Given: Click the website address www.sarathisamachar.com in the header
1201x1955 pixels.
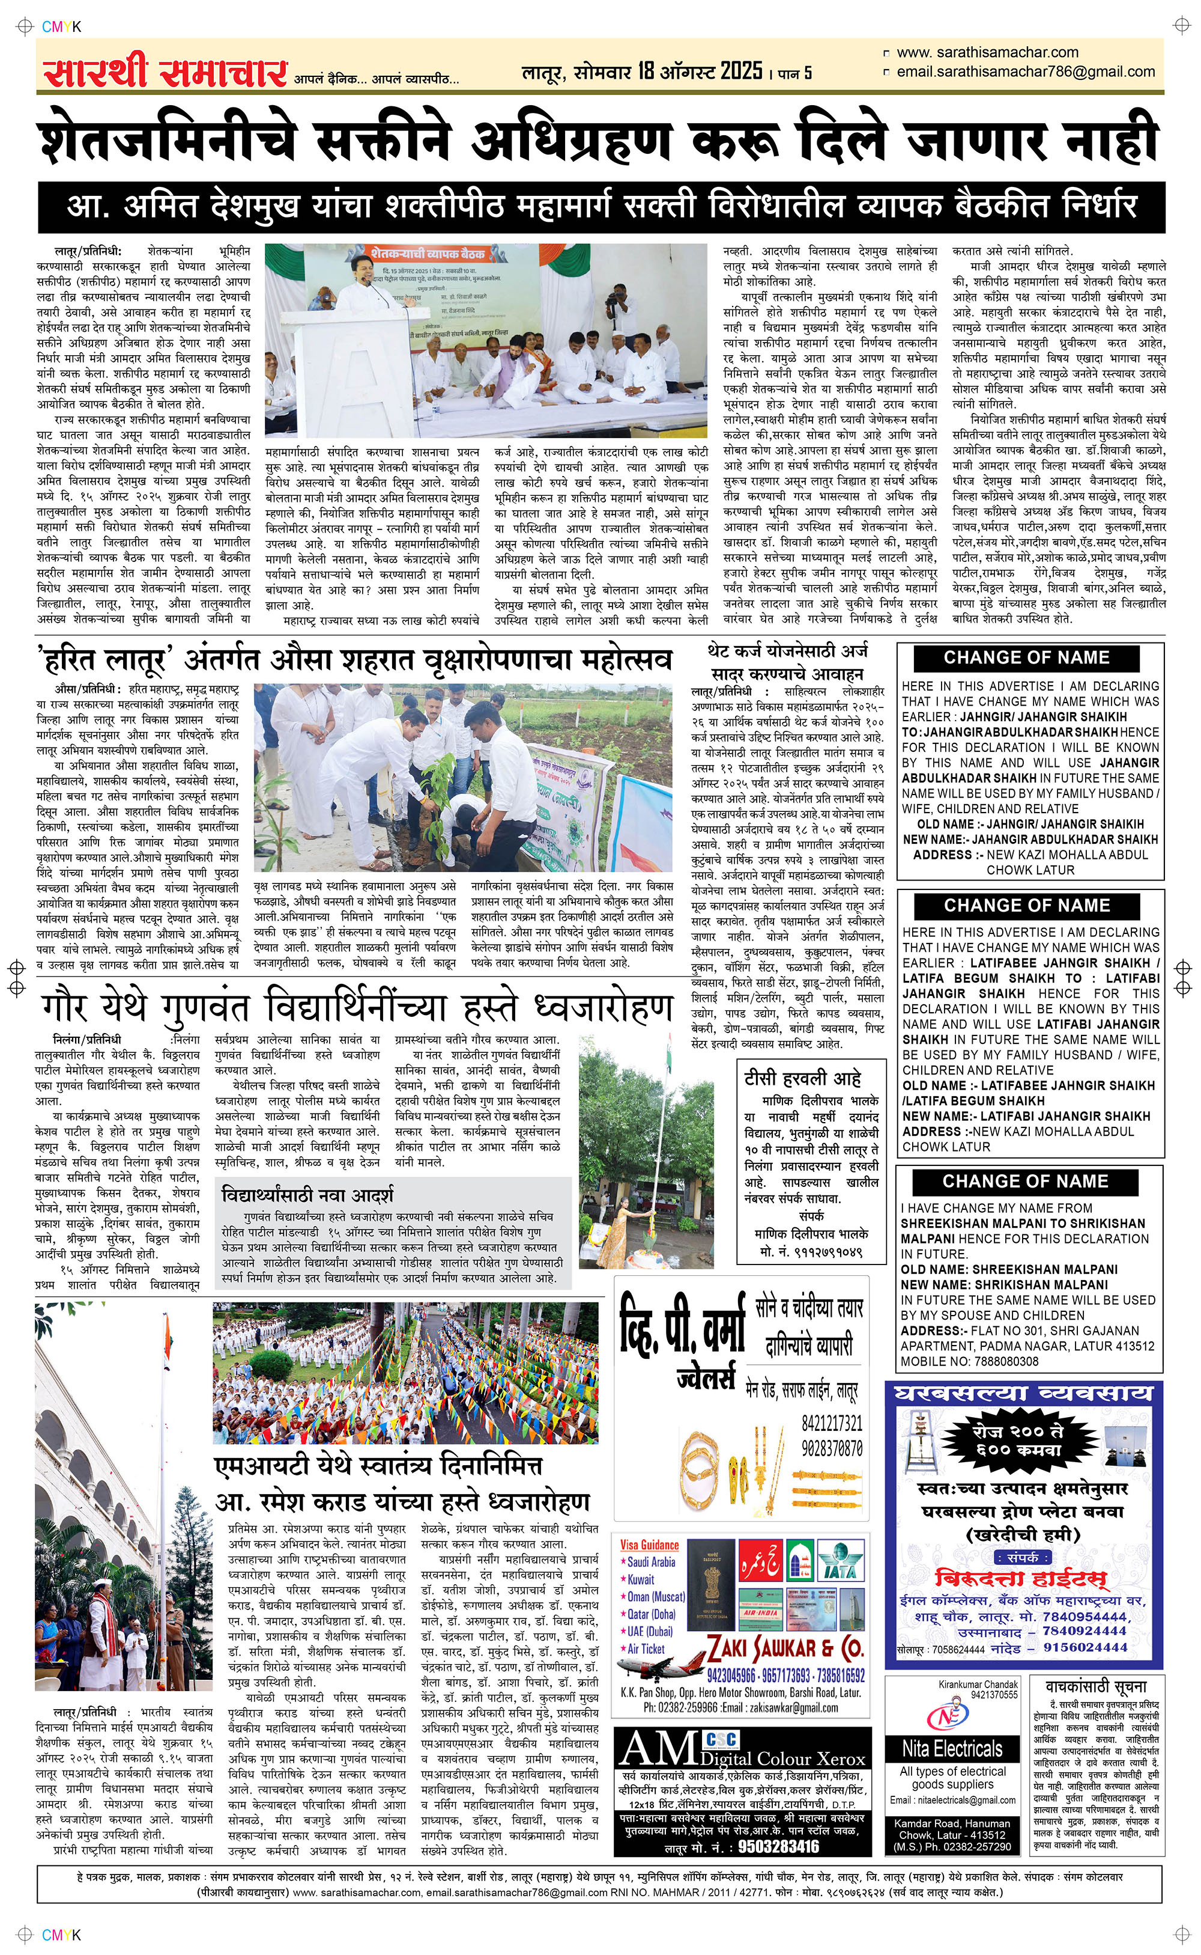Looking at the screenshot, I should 987,52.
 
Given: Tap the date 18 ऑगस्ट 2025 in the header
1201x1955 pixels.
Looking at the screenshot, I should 700,72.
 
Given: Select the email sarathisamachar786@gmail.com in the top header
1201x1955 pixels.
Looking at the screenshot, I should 1024,72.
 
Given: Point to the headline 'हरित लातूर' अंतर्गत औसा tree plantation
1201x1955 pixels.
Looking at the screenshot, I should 354,659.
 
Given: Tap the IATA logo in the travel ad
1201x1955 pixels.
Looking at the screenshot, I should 839,1561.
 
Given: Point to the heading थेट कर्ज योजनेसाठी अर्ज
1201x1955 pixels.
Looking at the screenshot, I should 788,651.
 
